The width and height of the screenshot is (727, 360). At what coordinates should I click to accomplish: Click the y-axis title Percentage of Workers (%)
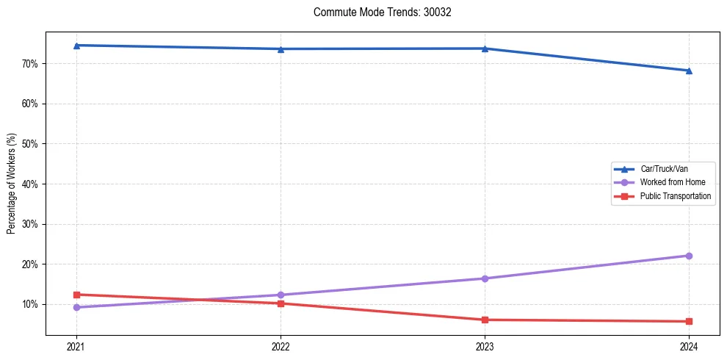[12, 184]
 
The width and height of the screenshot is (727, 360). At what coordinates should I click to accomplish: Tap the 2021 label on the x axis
[76, 346]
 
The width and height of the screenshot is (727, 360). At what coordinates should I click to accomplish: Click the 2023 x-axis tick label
[485, 346]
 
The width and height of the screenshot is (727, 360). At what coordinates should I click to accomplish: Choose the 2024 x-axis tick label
[689, 346]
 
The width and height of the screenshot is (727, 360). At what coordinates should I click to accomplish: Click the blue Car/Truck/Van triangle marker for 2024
[689, 71]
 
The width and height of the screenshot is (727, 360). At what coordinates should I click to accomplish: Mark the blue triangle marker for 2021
[76, 46]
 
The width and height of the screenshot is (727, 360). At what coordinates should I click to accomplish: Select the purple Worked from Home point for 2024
[689, 256]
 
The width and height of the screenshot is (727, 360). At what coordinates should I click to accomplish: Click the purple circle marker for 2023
[485, 278]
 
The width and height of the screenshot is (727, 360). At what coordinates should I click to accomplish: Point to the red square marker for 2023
[485, 320]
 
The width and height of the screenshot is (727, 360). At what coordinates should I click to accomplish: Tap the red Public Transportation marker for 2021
[76, 295]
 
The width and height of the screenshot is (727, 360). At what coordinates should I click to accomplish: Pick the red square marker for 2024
[689, 321]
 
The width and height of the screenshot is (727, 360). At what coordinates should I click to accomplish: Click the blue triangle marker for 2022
[281, 49]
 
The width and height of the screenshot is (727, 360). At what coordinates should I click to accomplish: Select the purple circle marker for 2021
[76, 307]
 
